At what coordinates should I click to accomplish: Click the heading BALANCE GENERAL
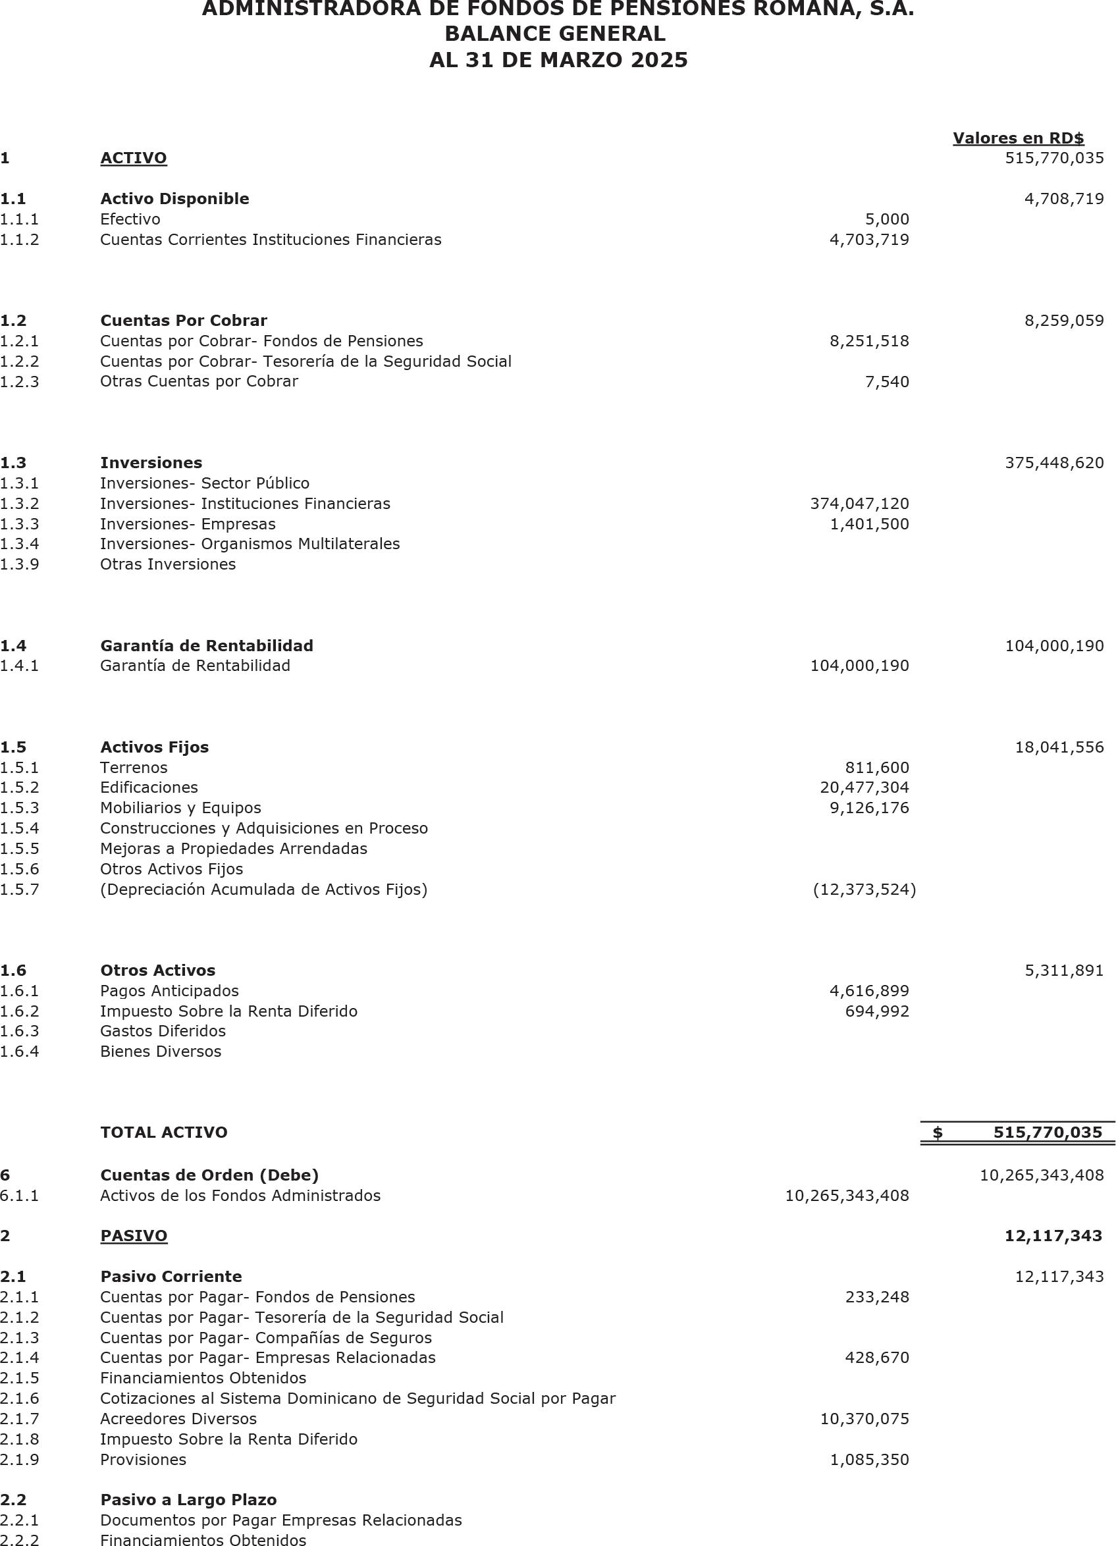[x=555, y=34]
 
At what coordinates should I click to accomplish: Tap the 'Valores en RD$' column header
[x=1018, y=138]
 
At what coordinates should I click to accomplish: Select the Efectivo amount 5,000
[x=887, y=219]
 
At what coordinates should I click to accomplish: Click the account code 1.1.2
[x=20, y=239]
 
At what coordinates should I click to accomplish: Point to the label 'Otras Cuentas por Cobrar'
[x=199, y=381]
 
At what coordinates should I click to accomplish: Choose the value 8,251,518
[x=869, y=341]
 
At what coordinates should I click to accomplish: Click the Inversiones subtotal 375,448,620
[x=1054, y=463]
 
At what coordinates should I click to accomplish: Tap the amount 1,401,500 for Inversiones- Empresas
[x=869, y=524]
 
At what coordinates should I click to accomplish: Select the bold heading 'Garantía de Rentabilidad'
[x=207, y=645]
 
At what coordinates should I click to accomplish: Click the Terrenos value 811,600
[x=877, y=768]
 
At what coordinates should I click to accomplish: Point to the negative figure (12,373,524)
[x=864, y=890]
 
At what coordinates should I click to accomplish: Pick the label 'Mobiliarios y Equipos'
[x=180, y=808]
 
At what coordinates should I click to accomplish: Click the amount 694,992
[x=877, y=1011]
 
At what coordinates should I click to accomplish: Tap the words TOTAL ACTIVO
[x=164, y=1133]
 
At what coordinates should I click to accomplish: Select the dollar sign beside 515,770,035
[x=938, y=1133]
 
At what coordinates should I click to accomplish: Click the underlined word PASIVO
[x=134, y=1236]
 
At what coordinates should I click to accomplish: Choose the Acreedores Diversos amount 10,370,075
[x=864, y=1418]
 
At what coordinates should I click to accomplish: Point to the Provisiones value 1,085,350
[x=869, y=1460]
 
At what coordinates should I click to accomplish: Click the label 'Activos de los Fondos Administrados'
[x=240, y=1195]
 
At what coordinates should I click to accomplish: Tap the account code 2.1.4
[x=20, y=1357]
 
